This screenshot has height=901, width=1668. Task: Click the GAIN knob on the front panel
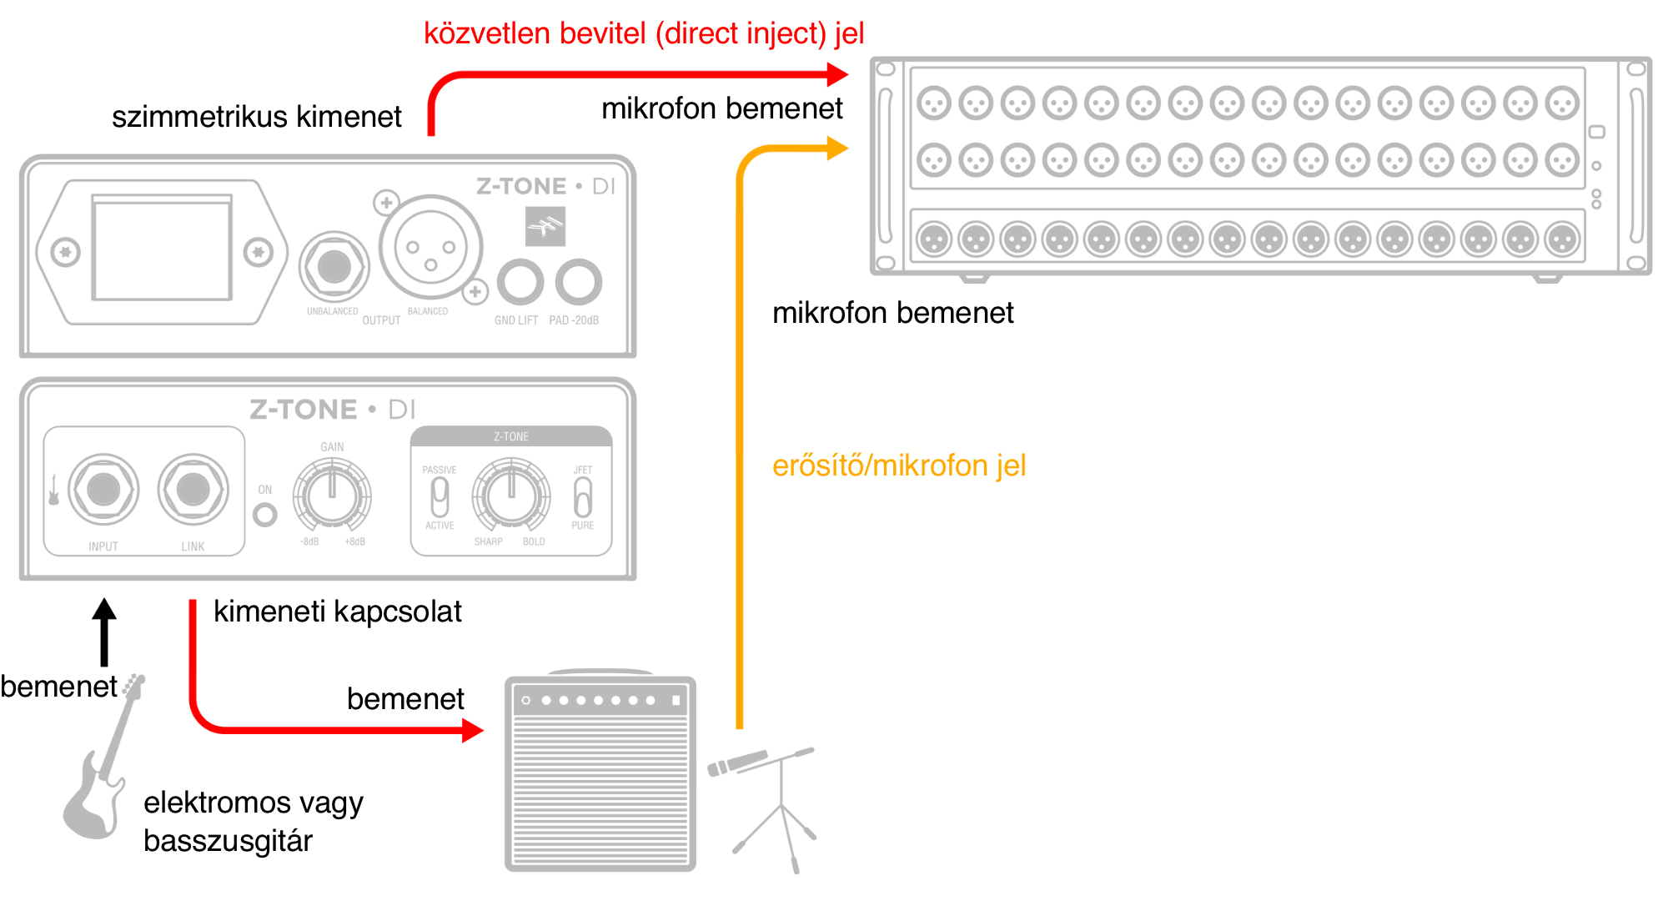coord(332,496)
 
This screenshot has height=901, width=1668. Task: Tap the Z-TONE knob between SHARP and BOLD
coord(511,496)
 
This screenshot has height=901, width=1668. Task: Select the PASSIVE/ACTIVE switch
coord(440,497)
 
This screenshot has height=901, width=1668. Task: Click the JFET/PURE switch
coord(583,497)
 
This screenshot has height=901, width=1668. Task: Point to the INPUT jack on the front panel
coord(103,490)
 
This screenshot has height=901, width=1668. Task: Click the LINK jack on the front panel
coord(193,490)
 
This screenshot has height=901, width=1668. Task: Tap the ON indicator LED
coord(265,515)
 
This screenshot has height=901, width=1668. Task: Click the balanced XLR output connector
coord(430,248)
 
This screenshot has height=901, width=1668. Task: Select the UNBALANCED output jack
coord(334,267)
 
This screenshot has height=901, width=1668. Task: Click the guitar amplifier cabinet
coord(600,774)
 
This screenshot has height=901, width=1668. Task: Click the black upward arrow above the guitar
coord(104,631)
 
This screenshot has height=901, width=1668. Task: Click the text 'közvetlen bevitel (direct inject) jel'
coord(643,33)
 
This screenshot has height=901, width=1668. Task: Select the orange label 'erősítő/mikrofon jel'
coord(898,466)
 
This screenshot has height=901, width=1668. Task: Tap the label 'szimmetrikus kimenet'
coord(256,117)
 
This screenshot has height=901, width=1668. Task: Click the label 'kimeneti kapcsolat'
coord(337,612)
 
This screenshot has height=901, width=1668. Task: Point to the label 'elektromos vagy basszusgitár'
coord(253,821)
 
